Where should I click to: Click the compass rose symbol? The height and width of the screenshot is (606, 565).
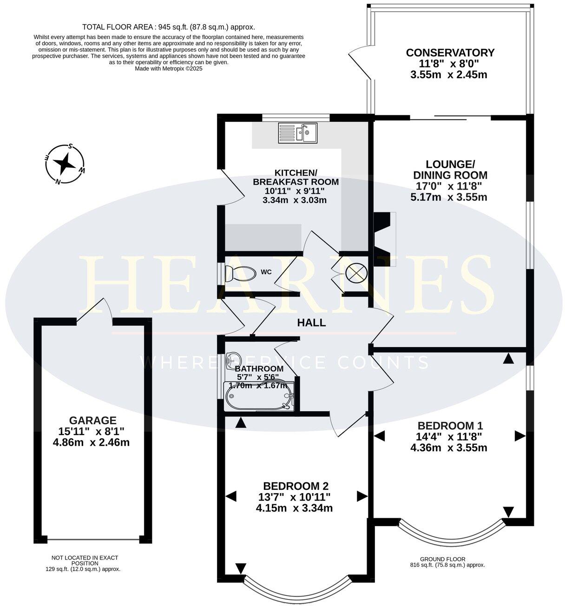[65, 165]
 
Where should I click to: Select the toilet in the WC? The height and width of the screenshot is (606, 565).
[240, 274]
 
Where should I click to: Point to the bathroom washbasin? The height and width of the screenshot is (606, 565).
[233, 360]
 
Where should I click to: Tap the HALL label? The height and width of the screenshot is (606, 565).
[311, 323]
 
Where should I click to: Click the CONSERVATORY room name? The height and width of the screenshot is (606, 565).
[450, 53]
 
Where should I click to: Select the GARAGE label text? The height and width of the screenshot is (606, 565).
[92, 420]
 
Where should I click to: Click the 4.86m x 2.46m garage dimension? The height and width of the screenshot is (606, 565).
[92, 442]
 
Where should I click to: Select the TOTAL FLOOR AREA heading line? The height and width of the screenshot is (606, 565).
[168, 27]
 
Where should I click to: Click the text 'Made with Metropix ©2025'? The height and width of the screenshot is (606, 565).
[168, 68]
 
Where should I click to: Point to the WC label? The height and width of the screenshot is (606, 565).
[266, 271]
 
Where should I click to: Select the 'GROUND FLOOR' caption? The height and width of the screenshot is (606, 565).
[442, 559]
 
